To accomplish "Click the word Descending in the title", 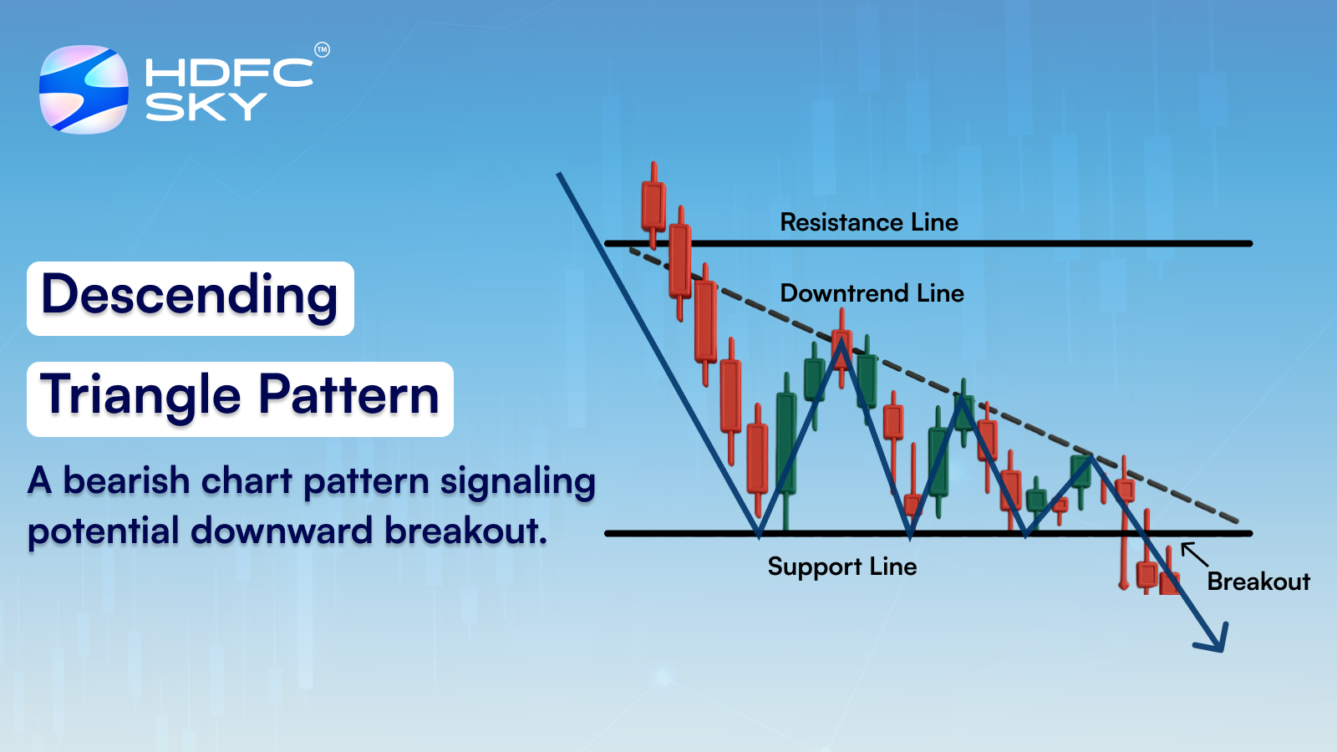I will point(190,297).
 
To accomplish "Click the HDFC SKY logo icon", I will point(84,89).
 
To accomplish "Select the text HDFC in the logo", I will point(228,73).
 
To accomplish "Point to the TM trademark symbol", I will point(322,50).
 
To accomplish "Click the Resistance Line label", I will point(868,222).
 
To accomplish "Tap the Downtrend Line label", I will point(872,293).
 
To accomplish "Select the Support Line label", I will point(841,567).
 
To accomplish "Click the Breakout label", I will point(1258,582).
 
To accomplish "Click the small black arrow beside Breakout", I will point(1193,554).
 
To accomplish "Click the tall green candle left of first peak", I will point(785,443).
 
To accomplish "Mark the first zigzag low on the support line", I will point(758,532).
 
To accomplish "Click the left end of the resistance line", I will point(608,243).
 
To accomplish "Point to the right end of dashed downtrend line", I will point(1236,521).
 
